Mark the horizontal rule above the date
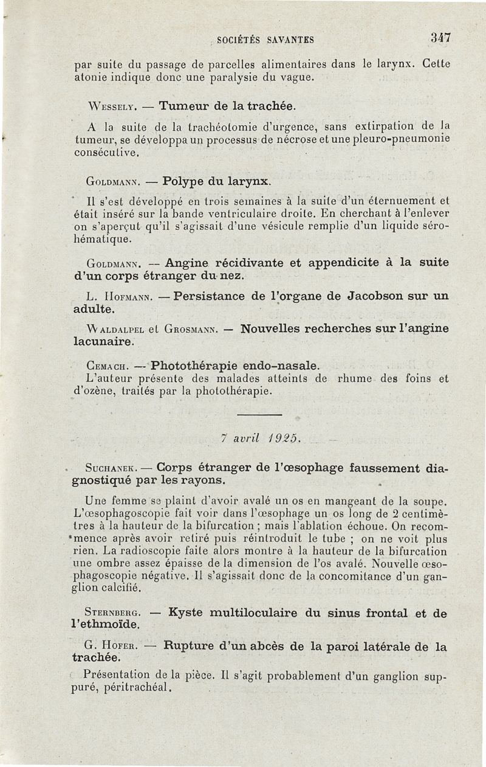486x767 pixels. (x=259, y=415)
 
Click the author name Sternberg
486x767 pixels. (x=115, y=614)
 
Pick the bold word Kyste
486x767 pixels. (x=185, y=613)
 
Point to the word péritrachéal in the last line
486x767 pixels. (x=140, y=689)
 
